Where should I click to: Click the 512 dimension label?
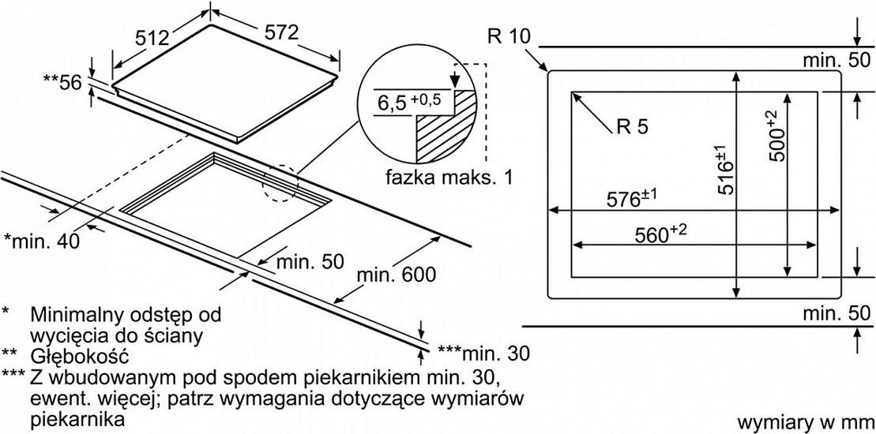pyautogui.click(x=152, y=37)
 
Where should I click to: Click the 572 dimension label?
pyautogui.click(x=280, y=33)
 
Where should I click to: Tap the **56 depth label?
pyautogui.click(x=62, y=82)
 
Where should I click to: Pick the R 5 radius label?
pyautogui.click(x=633, y=127)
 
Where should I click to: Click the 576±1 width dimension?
pyautogui.click(x=632, y=199)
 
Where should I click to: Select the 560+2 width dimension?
pyautogui.click(x=660, y=235)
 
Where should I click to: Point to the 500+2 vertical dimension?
pyautogui.click(x=776, y=136)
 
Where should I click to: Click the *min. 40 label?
pyautogui.click(x=42, y=241)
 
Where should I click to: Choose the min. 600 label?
pyautogui.click(x=396, y=275)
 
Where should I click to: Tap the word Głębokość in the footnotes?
pyautogui.click(x=80, y=356)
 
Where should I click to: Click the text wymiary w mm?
pyautogui.click(x=804, y=422)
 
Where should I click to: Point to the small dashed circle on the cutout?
pyautogui.click(x=281, y=182)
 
